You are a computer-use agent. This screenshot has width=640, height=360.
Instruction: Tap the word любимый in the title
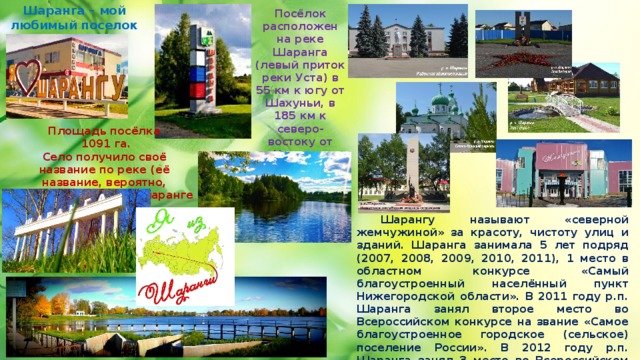point(38,23)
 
